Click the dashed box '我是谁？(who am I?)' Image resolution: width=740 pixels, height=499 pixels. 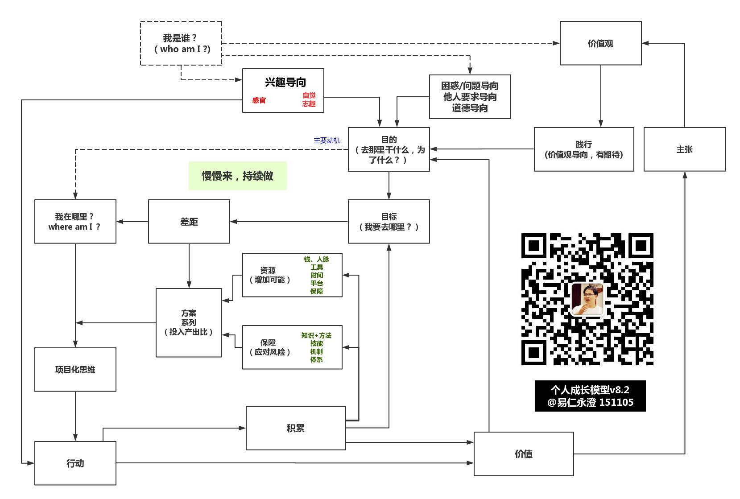181,43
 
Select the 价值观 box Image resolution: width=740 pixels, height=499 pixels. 600,43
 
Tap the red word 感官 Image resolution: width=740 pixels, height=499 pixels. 259,100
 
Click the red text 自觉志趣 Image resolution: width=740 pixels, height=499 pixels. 309,99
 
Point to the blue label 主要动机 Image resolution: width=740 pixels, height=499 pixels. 327,140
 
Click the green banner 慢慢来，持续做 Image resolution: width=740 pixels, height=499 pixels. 238,176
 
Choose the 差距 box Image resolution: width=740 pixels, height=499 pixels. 189,222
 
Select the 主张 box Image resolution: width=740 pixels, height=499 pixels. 685,149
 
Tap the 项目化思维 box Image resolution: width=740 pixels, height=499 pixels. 75,370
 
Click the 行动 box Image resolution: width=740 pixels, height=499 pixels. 75,463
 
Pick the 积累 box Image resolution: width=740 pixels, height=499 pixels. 296,428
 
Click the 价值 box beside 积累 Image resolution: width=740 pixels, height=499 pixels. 524,454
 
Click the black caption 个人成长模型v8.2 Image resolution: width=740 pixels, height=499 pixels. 590,390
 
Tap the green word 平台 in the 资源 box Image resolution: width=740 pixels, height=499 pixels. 317,283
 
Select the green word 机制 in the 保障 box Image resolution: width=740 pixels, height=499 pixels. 316,351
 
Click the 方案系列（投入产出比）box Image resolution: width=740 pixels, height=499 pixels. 189,323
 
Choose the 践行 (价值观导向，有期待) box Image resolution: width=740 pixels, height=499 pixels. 584,149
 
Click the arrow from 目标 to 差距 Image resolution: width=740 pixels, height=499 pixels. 289,222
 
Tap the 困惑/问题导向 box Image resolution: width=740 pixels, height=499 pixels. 470,97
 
